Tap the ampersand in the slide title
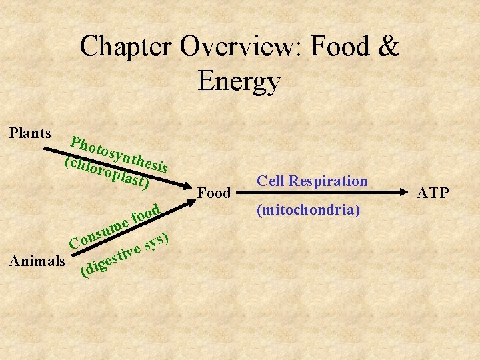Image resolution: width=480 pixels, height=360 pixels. coord(389,47)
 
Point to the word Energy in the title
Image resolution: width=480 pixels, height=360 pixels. coord(239,81)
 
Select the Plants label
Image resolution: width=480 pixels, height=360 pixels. coord(31,133)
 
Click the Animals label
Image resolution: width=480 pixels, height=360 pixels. coord(37,261)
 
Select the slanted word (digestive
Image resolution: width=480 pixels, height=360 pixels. coord(111,262)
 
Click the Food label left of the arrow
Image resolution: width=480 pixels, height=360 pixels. coord(214,193)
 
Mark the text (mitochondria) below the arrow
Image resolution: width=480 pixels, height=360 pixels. coord(309,211)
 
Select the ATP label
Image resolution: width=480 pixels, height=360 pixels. coord(433,193)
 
